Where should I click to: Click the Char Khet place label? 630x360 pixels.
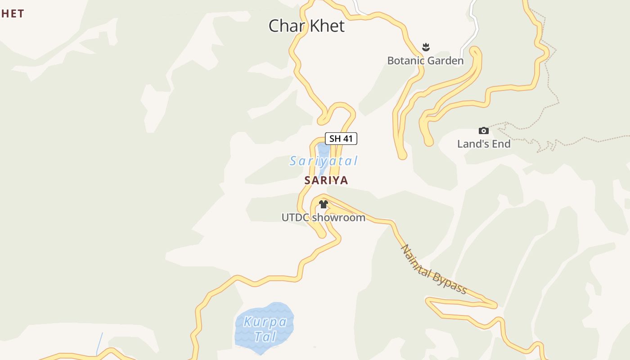point(306,26)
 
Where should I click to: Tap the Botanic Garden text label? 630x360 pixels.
point(425,60)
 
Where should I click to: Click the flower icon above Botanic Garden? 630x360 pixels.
point(426,47)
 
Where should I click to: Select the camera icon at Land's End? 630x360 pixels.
point(484,130)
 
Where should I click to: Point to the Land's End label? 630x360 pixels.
point(484,144)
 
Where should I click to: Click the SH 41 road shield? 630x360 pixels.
point(341,139)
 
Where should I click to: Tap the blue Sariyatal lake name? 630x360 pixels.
point(324,161)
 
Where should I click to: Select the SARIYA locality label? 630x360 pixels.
point(326,180)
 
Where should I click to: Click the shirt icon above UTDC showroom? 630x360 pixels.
point(323,204)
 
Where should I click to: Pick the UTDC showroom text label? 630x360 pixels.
point(323,217)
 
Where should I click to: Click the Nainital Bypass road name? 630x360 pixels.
point(433,269)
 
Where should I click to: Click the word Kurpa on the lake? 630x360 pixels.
point(265,322)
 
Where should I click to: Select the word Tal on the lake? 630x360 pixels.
point(265,336)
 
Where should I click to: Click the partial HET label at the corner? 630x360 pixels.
point(12,13)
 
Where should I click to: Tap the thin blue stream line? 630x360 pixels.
point(99,343)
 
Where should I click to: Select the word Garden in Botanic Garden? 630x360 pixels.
point(444,60)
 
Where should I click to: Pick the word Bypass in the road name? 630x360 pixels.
point(450,281)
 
